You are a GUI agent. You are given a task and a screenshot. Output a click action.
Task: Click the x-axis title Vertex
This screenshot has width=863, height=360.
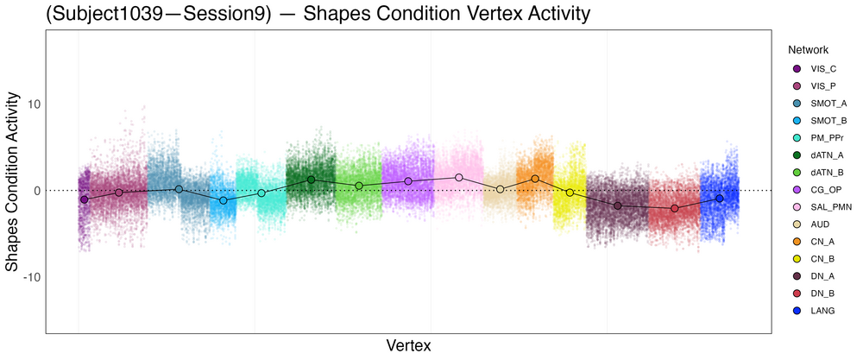tap(408, 345)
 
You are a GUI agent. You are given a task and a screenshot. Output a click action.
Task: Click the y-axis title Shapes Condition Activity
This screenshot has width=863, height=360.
tap(13, 189)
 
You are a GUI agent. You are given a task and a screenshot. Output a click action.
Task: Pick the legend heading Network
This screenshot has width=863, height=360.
tap(802, 50)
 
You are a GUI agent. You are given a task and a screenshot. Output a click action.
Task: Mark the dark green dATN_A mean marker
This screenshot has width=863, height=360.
tap(311, 180)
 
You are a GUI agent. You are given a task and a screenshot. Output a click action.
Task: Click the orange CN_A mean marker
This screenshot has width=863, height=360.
tap(535, 179)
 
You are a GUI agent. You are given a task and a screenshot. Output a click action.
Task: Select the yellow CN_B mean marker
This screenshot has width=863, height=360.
tap(570, 193)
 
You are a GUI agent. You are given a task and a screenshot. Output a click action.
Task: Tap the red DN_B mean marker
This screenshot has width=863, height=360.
tap(675, 208)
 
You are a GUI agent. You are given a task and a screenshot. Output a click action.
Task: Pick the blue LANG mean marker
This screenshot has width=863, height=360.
tap(719, 199)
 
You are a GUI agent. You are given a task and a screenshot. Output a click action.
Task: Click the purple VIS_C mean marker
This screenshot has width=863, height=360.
tap(85, 199)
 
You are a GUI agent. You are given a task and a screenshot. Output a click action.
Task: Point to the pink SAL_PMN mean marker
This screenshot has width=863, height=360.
tap(459, 177)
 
